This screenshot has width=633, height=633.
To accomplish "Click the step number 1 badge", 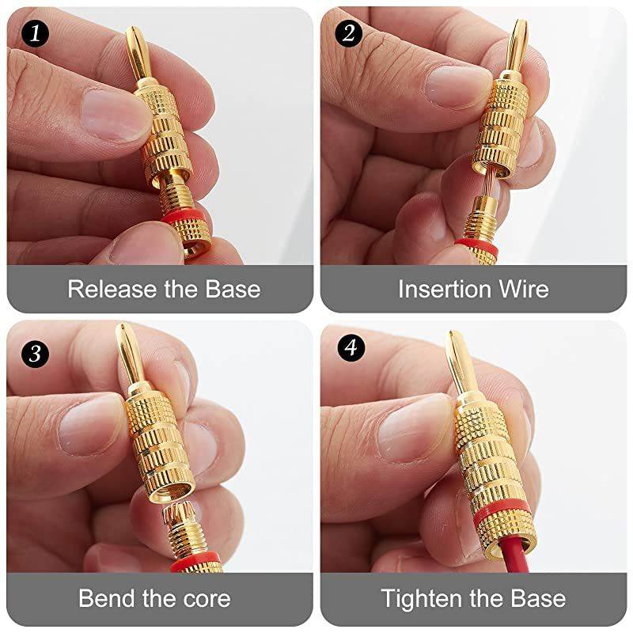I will click(x=34, y=34).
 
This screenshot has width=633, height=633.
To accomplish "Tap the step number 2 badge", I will click(x=347, y=34).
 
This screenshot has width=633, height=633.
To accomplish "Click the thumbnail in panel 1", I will click(x=115, y=111).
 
